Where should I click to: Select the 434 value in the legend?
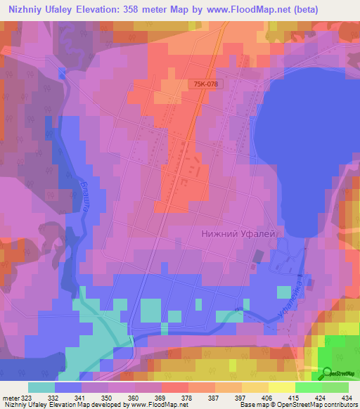click(x=347, y=398)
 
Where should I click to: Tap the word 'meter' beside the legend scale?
click(x=11, y=398)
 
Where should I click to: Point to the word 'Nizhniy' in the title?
click(x=24, y=10)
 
